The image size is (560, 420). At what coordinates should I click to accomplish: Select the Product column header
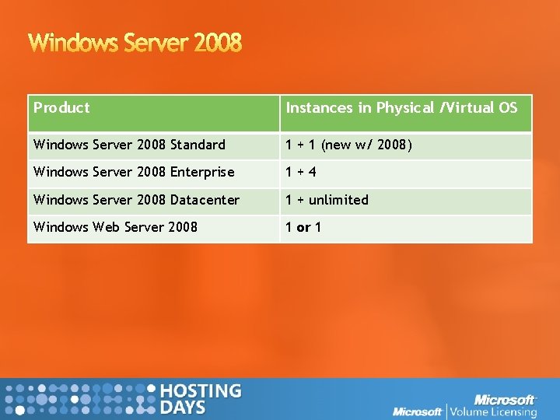click(x=62, y=108)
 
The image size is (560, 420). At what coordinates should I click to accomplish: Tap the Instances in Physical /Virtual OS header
click(x=401, y=108)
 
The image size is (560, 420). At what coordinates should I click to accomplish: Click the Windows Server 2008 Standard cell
click(x=129, y=145)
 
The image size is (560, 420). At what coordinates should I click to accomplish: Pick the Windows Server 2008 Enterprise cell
click(x=134, y=172)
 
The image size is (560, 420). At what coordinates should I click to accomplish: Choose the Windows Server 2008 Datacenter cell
click(x=136, y=200)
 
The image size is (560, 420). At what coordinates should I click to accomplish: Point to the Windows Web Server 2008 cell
click(x=115, y=227)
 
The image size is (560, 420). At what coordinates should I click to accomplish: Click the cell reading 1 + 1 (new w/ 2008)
click(x=348, y=145)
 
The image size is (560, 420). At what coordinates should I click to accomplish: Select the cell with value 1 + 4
click(x=300, y=172)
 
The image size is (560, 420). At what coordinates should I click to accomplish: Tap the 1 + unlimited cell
click(x=327, y=200)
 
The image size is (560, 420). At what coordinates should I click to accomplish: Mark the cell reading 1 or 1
click(x=303, y=227)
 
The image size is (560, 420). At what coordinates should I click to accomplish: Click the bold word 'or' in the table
click(x=303, y=227)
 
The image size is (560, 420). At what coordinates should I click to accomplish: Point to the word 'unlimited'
click(x=338, y=200)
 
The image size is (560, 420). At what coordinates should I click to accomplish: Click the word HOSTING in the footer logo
click(x=200, y=391)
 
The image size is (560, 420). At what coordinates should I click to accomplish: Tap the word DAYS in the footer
click(x=183, y=408)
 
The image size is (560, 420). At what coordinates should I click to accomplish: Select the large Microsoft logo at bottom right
click(x=505, y=399)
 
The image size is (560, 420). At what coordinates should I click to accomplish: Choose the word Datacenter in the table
click(x=205, y=200)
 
